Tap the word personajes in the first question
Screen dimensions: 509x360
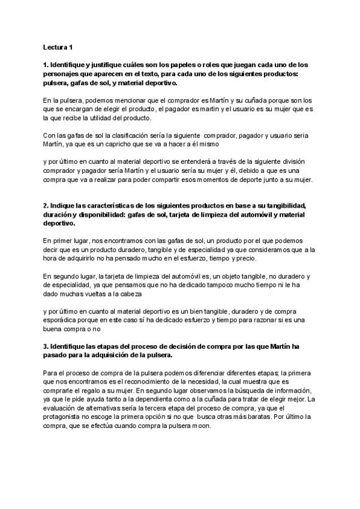click(x=62, y=73)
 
